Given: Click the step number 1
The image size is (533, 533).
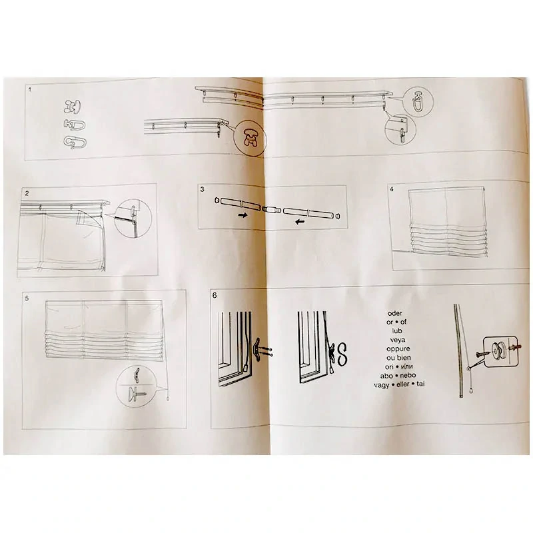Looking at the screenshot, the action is coord(30,90).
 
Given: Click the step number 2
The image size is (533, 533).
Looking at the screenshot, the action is coord(27,193).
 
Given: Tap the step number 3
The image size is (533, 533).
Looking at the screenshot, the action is coord(203,189).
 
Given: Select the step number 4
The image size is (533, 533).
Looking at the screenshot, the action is coord(392,189).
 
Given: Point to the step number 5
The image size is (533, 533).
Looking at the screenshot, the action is coord(27,298).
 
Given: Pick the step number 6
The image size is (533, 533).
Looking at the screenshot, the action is coord(215,295).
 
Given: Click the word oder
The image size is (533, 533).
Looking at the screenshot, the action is coord(394,313).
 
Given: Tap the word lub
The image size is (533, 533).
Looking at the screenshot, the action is coord(396,330).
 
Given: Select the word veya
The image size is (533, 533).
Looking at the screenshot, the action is coord(397,340).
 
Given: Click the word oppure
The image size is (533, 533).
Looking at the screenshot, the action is coord(398,348).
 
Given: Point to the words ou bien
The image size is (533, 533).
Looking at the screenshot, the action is coord(398,358).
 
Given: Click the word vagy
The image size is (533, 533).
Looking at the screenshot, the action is coord(381,385).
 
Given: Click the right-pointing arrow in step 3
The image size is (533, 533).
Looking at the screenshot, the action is coord(243,215).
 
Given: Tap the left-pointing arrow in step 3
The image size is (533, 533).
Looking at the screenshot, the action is coord(300,222).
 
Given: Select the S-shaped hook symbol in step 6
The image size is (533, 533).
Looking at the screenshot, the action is coord(342,354).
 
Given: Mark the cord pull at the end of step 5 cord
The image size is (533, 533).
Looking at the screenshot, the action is coord(169,398).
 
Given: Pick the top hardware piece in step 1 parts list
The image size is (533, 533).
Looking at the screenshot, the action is coord(73,107).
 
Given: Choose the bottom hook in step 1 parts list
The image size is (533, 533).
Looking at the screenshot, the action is coord(75,142).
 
